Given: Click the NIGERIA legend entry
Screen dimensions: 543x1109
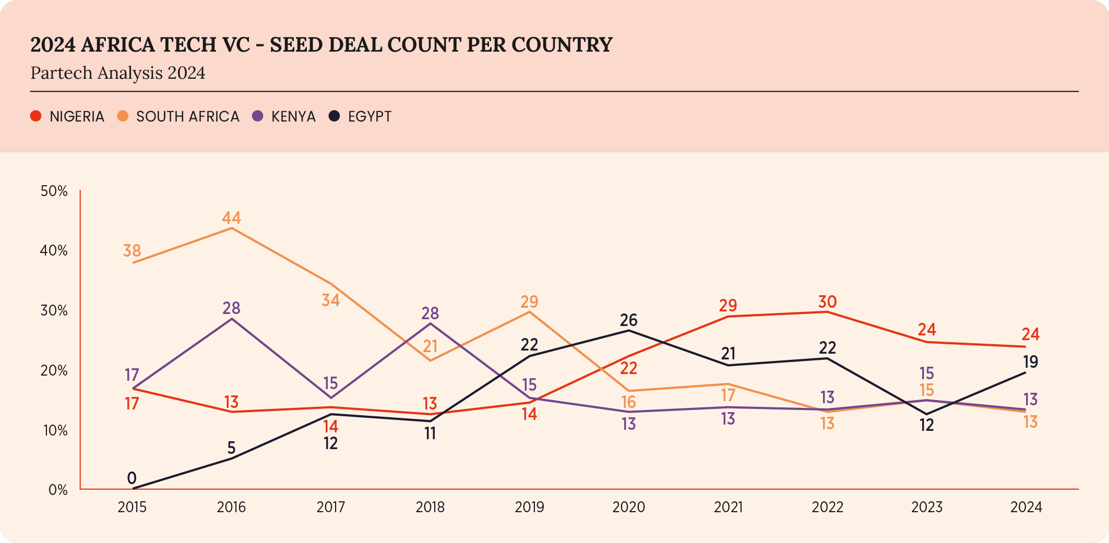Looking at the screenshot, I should tap(76, 116).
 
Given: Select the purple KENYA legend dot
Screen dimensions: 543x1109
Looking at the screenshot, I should tap(257, 116).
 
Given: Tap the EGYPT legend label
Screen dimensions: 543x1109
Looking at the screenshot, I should tap(369, 116).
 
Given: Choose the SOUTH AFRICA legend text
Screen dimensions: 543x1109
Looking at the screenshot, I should tap(187, 116).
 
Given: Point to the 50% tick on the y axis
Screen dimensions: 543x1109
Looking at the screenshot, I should tap(54, 191).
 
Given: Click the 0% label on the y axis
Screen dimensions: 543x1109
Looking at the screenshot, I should tap(58, 490).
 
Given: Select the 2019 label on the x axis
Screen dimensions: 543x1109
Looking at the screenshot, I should tap(529, 507).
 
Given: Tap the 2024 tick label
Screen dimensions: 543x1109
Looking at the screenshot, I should tap(1026, 507).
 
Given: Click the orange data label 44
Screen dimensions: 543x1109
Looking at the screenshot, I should tap(231, 218).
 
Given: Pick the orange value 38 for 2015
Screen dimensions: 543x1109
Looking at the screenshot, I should tap(132, 251).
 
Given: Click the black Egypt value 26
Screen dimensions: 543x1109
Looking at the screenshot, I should tap(629, 320).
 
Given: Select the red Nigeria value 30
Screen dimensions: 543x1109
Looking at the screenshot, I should tap(827, 301).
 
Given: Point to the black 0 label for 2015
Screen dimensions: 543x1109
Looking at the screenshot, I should tap(132, 478).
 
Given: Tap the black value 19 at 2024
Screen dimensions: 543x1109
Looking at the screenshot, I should tap(1030, 361).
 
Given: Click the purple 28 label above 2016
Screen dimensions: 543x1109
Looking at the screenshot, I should tap(231, 308).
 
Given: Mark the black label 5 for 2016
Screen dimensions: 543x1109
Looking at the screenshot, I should tap(231, 448).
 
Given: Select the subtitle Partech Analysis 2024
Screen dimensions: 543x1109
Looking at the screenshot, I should tap(118, 73).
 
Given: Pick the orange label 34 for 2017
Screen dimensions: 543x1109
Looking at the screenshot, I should tap(330, 300).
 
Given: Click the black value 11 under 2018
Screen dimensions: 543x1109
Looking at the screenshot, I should tap(430, 433).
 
